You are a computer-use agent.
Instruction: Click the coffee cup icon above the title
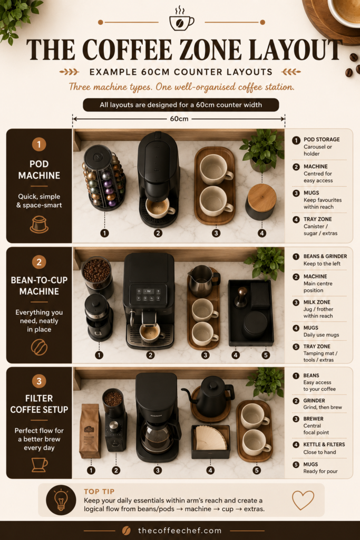[181, 20]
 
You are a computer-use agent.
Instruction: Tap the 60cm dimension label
[179, 119]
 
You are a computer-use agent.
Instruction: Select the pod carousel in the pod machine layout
[104, 177]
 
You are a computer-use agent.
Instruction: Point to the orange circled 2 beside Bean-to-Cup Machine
[39, 262]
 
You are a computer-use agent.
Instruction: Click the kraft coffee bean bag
[90, 431]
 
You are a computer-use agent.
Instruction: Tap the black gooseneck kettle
[210, 396]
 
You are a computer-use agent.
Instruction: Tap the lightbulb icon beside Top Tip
[61, 500]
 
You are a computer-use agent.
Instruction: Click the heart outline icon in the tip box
[303, 500]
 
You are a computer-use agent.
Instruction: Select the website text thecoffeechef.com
[180, 531]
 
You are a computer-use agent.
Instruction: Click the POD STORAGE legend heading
[322, 139]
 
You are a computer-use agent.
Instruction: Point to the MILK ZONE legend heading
[317, 302]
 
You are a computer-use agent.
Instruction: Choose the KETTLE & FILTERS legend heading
[324, 445]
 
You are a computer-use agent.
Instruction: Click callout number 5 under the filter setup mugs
[256, 470]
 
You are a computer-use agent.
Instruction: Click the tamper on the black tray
[241, 297]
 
